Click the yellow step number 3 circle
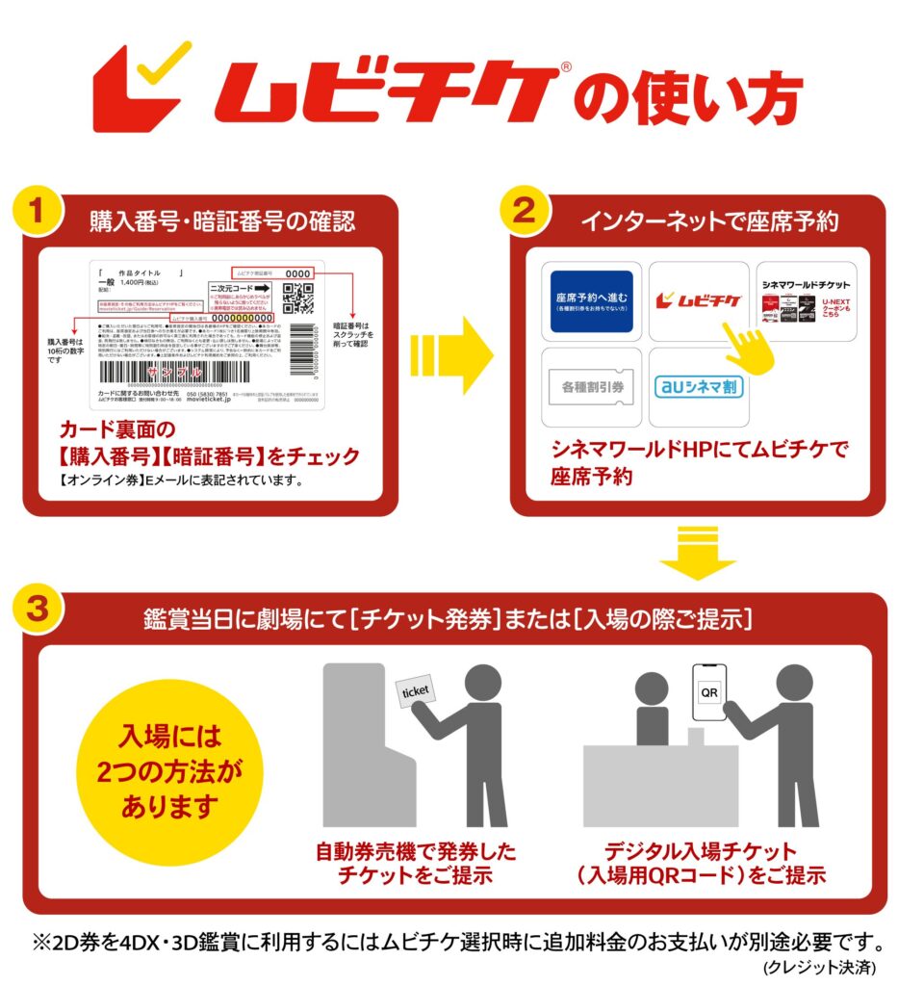point(37,610)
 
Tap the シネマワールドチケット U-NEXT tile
point(807,300)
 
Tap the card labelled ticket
point(414,690)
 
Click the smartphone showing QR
point(707,691)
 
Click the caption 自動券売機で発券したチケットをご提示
point(417,864)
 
